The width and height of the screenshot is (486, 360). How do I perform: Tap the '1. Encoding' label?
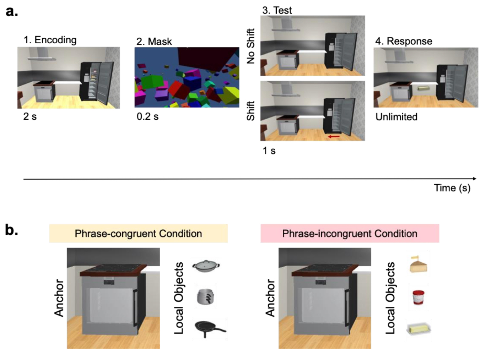point(50,40)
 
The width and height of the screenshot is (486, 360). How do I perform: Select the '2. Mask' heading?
point(154,42)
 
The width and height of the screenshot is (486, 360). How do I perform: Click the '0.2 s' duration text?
point(147,116)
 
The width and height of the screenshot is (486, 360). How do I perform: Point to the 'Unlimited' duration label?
point(396,117)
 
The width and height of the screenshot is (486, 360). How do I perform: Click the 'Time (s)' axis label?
point(452,188)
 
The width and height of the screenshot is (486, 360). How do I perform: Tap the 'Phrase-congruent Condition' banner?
point(138,234)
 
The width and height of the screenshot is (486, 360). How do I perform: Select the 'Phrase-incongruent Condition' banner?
point(350,234)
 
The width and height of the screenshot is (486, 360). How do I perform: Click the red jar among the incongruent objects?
point(418,298)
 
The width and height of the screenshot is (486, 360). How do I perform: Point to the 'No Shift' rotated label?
point(251,46)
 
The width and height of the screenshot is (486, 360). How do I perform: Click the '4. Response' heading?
point(404,41)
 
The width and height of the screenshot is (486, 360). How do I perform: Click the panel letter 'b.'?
point(11,230)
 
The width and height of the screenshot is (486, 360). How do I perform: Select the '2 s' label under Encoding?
point(30,116)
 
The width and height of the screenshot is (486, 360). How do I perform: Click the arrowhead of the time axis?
point(475,179)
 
